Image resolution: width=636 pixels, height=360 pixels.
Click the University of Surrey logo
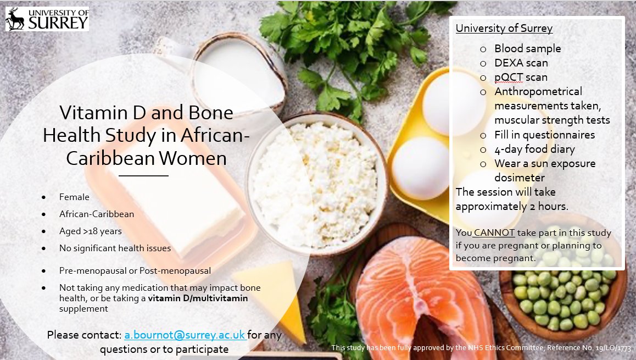coord(47,19)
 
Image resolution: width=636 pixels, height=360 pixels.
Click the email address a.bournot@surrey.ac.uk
coord(185,335)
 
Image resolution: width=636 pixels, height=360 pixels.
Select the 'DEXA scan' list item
coord(521,63)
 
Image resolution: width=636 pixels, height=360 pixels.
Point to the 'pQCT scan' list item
coord(521,77)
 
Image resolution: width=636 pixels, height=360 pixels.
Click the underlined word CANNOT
coord(494,232)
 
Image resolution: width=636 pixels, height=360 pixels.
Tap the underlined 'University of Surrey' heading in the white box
coord(504,29)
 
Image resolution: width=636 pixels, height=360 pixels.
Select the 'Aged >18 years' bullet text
coord(91,231)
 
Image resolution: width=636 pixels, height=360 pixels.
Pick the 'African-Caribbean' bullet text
coord(97,214)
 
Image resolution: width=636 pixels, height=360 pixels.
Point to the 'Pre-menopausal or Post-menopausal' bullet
coord(135,270)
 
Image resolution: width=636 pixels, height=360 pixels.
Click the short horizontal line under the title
coord(143,176)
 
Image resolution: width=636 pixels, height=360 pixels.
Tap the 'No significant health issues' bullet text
coord(115,248)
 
